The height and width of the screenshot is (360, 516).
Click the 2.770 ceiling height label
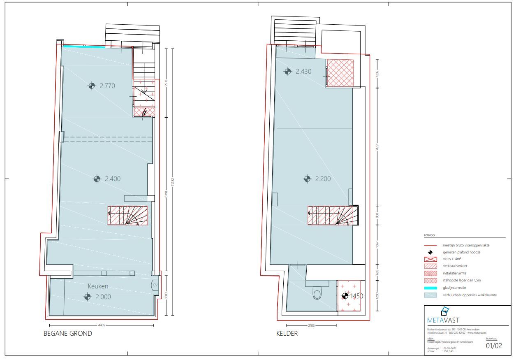pyautogui.click(x=107, y=86)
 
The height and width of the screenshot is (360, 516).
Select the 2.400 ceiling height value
pyautogui.click(x=112, y=179)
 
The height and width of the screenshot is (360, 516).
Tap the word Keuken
pyautogui.click(x=97, y=286)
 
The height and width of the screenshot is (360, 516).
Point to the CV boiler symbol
pyautogui.click(x=155, y=285)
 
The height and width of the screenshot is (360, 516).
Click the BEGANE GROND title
pyautogui.click(x=68, y=334)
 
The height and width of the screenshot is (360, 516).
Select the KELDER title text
pyautogui.click(x=287, y=334)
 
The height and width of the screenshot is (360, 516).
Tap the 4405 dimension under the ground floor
pyautogui.click(x=102, y=325)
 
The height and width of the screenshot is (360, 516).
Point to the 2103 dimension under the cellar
pyautogui.click(x=311, y=325)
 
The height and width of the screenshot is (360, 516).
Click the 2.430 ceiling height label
pyautogui.click(x=303, y=72)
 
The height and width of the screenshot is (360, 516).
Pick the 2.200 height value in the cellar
pyautogui.click(x=323, y=179)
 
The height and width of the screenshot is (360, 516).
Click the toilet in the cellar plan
pyautogui.click(x=317, y=294)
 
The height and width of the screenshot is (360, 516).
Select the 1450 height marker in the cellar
pyautogui.click(x=356, y=296)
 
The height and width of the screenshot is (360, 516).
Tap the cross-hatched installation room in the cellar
pyautogui.click(x=340, y=73)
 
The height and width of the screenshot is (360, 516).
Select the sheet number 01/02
pyautogui.click(x=494, y=346)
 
